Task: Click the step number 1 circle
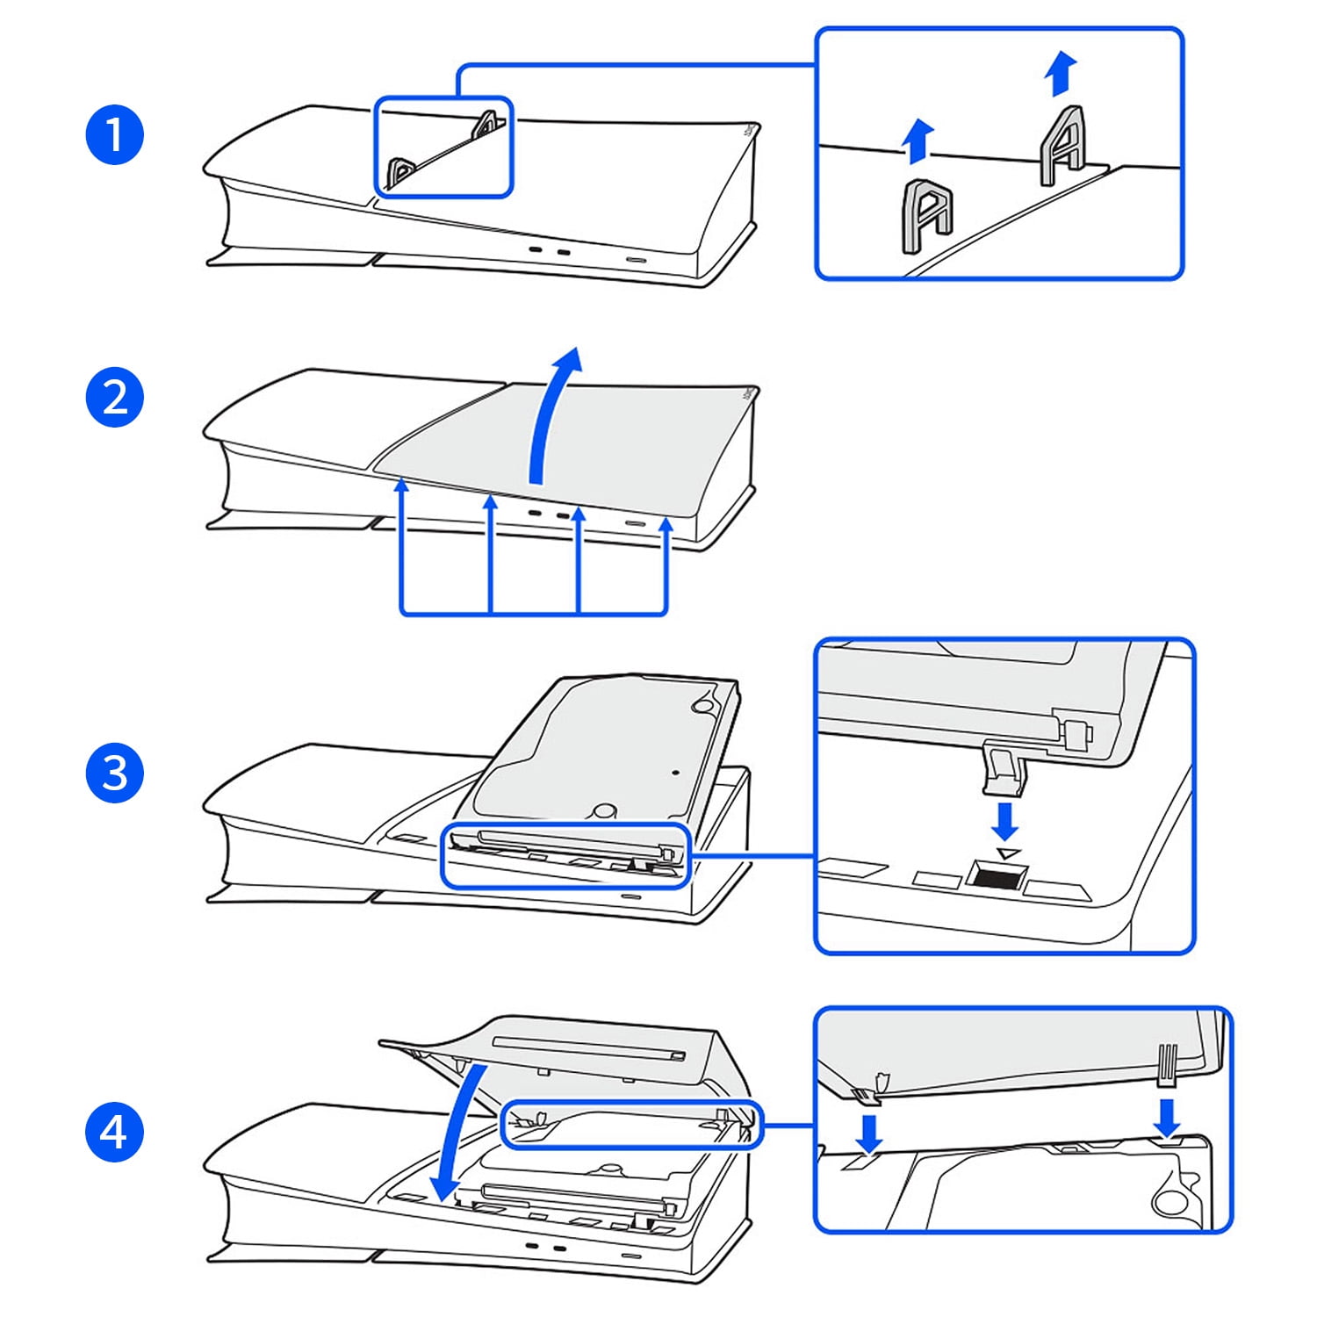(x=115, y=135)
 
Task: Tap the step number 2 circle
(x=115, y=397)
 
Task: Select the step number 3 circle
(x=115, y=774)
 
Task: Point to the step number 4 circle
(x=115, y=1132)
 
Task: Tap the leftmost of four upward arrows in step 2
(x=402, y=544)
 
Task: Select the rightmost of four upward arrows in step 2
(x=666, y=562)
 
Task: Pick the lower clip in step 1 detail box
(x=927, y=215)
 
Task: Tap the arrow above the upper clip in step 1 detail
(x=1062, y=73)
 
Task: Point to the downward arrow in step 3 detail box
(x=1004, y=821)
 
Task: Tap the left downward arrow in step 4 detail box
(x=869, y=1133)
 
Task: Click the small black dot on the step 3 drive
(x=674, y=773)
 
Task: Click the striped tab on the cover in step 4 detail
(x=1168, y=1065)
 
